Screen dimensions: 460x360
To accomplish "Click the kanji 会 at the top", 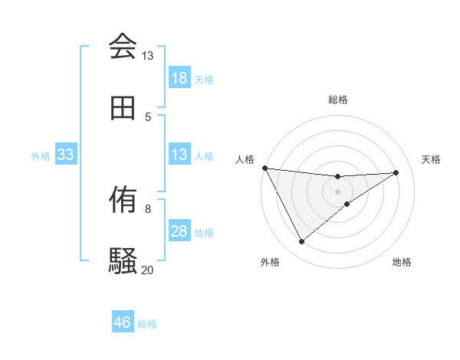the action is click(x=123, y=47).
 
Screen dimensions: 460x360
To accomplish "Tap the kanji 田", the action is click(x=123, y=108).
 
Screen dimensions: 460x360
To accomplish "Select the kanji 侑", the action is click(x=123, y=200).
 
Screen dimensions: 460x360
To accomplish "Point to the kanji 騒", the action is click(x=123, y=260).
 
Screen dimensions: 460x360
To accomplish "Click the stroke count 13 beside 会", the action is click(x=147, y=56).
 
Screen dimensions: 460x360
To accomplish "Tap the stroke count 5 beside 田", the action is click(x=148, y=116).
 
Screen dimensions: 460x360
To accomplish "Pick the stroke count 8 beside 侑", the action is click(x=148, y=208).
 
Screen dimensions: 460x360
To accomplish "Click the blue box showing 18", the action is click(x=179, y=78).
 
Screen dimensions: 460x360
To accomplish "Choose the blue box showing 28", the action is click(x=179, y=231).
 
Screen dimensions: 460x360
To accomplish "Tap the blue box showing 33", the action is click(x=66, y=155).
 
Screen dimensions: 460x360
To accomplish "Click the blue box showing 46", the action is click(x=123, y=322).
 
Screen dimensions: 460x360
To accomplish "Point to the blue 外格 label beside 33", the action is click(x=41, y=155).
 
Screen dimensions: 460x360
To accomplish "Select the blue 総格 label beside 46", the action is click(x=147, y=323).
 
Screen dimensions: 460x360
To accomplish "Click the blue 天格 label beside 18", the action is click(x=204, y=79).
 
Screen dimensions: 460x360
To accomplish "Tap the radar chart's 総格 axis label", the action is click(x=338, y=100).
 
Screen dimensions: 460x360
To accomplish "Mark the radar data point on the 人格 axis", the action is click(x=264, y=168).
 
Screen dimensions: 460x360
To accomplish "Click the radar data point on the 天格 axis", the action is click(x=396, y=172).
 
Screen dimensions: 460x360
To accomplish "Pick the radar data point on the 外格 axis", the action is click(x=301, y=242).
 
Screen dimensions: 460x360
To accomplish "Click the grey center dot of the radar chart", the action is click(x=338, y=191).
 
